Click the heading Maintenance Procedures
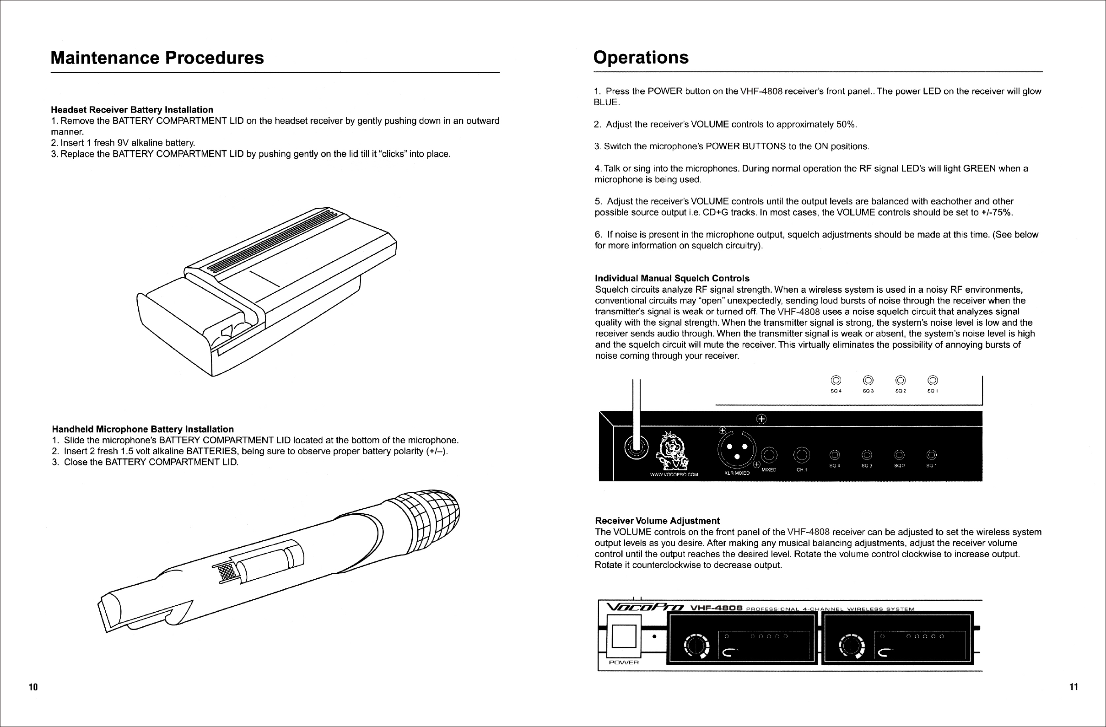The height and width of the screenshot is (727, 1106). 157,58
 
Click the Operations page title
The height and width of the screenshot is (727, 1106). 641,58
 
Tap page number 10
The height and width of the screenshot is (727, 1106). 33,687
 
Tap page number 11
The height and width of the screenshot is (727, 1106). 1074,687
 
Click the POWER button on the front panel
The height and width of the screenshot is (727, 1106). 624,636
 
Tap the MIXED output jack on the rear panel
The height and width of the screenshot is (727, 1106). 769,455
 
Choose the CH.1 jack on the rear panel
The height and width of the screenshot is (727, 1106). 802,455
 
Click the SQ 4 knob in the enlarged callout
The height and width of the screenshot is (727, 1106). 836,381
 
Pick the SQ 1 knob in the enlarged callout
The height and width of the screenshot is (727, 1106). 933,381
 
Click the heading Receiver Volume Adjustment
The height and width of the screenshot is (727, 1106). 657,521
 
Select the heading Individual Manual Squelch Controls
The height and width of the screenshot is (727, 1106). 672,278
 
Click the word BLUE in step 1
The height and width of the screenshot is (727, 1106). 606,102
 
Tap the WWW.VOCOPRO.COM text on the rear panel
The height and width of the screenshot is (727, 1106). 674,475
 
